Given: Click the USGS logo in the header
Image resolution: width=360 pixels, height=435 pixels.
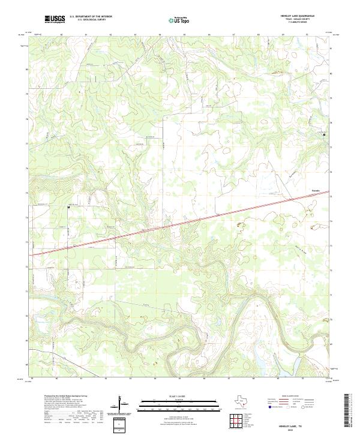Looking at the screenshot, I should [x=55, y=19].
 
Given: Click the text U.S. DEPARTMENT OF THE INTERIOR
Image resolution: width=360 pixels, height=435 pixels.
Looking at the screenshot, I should [x=91, y=17].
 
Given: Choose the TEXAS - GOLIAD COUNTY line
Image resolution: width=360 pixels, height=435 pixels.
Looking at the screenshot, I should [x=298, y=20].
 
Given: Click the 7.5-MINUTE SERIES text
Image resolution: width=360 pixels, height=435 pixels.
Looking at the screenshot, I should [x=298, y=23].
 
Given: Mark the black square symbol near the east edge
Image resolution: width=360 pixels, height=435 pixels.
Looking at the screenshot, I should [x=325, y=134].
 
